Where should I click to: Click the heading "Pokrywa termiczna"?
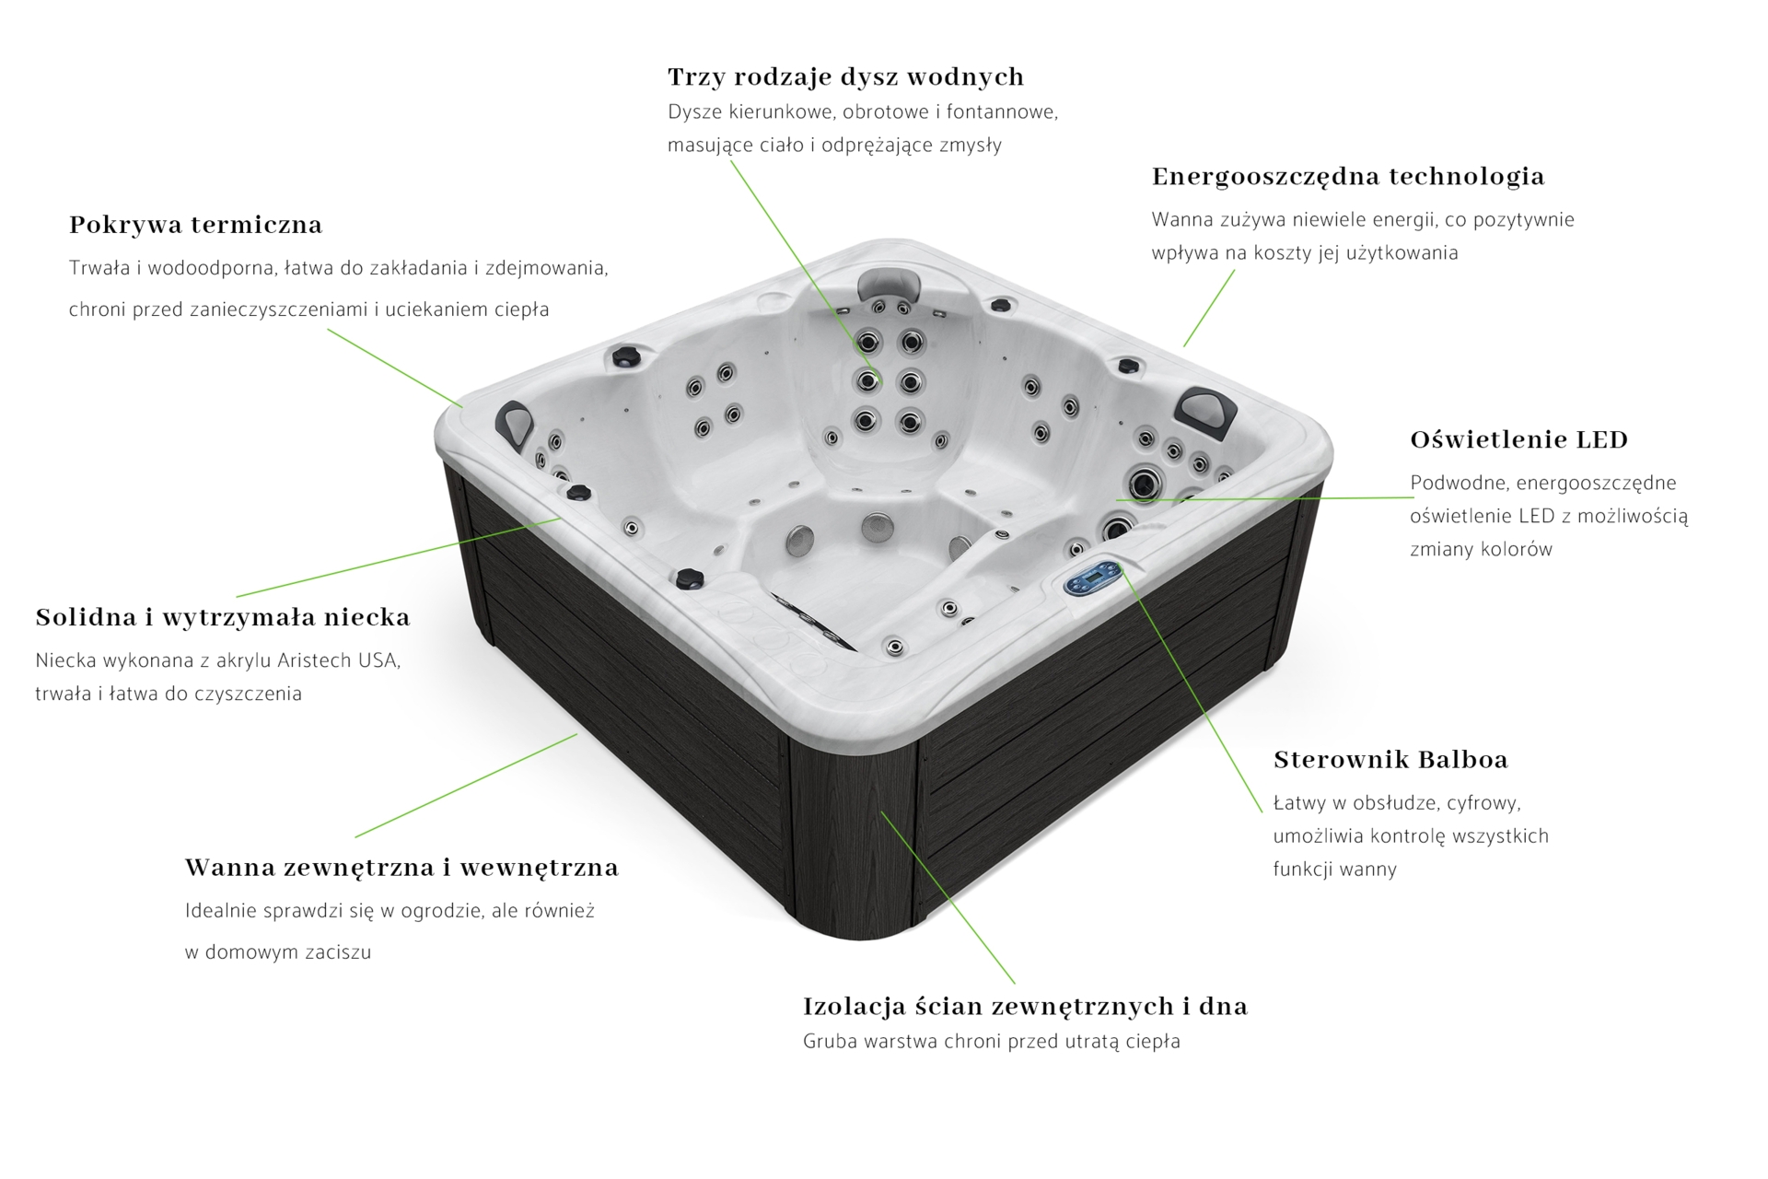(x=195, y=225)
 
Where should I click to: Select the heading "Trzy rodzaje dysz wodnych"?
(x=845, y=76)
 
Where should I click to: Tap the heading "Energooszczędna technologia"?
(x=1348, y=177)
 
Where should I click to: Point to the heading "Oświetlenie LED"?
(x=1519, y=439)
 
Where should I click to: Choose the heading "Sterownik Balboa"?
(x=1390, y=760)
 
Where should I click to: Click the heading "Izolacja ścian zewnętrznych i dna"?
(x=1025, y=1006)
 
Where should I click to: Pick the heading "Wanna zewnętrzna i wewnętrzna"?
(x=401, y=868)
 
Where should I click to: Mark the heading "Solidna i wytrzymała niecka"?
(x=223, y=617)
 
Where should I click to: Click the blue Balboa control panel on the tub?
(x=1092, y=579)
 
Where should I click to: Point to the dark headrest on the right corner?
(x=1207, y=405)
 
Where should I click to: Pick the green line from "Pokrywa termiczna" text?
(x=395, y=368)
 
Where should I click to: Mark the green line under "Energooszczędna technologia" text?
(x=1209, y=308)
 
